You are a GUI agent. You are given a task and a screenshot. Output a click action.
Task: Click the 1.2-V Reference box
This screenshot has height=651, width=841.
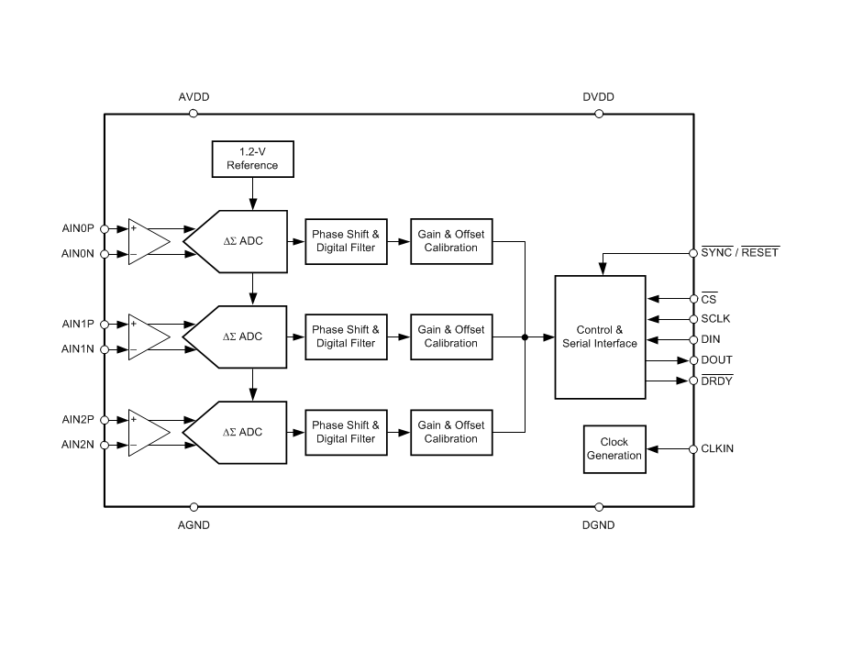252,159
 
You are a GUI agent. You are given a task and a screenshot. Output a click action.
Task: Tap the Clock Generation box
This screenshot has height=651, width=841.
614,449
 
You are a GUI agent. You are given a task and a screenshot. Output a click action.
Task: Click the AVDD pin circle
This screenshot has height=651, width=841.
194,114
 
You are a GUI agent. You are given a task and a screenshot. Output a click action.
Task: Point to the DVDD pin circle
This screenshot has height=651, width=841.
599,114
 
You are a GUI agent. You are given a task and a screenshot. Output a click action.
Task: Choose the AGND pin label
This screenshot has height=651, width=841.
194,525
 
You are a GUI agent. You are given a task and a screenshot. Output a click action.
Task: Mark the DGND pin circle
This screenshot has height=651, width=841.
599,506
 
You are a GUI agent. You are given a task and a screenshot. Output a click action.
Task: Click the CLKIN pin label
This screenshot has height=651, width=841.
717,449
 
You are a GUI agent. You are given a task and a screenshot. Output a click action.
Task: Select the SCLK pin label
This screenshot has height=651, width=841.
716,319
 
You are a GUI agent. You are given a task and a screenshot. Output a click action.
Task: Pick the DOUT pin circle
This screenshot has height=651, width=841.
693,360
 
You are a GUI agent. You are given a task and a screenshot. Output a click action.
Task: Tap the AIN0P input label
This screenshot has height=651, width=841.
78,228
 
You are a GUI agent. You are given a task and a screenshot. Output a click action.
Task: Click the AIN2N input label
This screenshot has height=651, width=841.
78,445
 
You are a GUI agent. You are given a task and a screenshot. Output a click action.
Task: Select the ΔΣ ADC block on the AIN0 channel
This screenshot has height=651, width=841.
238,241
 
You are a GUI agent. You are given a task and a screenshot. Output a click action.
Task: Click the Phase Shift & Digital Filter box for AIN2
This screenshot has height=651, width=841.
346,432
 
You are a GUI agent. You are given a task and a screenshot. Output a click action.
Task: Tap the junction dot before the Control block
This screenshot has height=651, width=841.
525,337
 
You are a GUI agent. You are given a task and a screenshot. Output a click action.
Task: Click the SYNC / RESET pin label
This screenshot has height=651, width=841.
739,252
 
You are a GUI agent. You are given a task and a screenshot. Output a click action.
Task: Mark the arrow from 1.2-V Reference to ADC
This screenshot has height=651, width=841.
252,193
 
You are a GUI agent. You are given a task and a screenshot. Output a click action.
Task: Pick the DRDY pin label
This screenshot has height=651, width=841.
717,381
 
